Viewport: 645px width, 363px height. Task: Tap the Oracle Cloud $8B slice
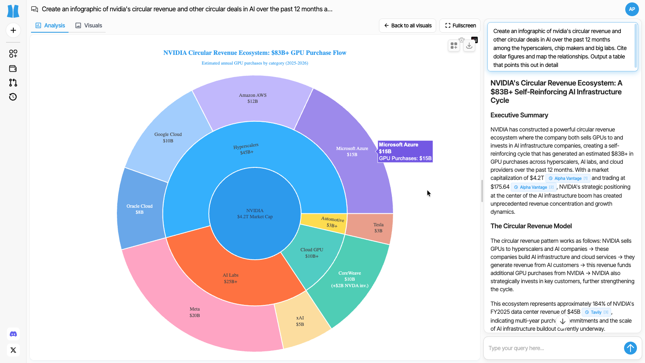click(139, 209)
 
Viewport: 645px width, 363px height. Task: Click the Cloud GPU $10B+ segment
click(312, 253)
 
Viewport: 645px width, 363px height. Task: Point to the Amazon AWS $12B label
click(253, 98)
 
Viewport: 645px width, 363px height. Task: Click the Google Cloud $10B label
click(168, 138)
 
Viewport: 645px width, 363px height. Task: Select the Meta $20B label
click(195, 312)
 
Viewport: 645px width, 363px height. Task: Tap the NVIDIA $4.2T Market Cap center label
click(255, 214)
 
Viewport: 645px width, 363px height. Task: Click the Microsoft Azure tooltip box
click(405, 151)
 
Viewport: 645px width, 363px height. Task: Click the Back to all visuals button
click(408, 25)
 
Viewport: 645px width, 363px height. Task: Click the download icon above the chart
click(469, 46)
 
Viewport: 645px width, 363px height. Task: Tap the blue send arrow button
click(630, 348)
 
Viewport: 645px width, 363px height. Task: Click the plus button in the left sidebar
click(13, 30)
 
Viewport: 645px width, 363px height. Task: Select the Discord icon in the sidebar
click(13, 334)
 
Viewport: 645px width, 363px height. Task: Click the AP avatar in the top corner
click(632, 9)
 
